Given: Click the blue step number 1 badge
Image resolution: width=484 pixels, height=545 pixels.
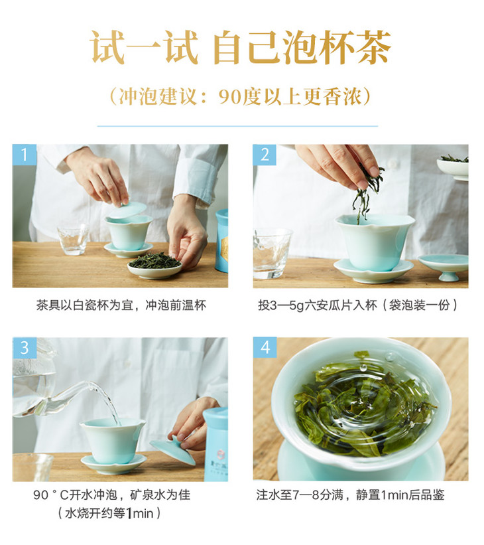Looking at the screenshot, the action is (x=25, y=155).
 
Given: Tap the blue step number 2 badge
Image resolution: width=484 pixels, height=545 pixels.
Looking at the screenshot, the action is (x=265, y=155).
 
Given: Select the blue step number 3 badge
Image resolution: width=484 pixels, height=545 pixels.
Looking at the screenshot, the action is (x=25, y=348).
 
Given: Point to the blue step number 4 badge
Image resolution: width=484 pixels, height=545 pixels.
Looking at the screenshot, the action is (x=265, y=347).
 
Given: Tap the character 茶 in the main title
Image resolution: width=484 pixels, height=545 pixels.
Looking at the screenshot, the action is (x=373, y=48).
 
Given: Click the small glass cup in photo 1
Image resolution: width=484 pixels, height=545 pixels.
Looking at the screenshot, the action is (x=73, y=240).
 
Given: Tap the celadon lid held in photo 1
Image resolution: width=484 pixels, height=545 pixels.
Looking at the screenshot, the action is (x=129, y=210).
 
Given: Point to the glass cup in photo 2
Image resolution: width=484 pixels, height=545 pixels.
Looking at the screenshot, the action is (x=272, y=254).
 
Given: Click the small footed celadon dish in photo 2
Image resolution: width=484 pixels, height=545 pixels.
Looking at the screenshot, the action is (x=444, y=267).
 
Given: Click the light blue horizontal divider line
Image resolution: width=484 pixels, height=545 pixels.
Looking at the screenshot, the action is (x=237, y=126).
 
